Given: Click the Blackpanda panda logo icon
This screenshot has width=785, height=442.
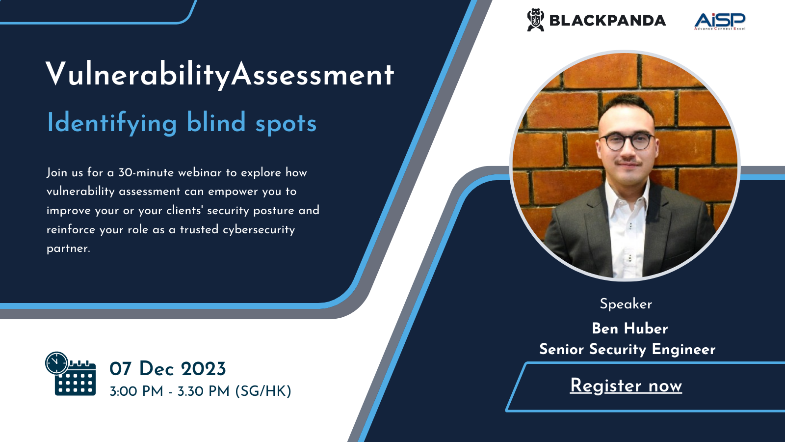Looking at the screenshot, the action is (535, 20).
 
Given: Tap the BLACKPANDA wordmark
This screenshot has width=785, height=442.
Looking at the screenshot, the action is (607, 21).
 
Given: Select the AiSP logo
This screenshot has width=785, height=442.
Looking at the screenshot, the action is (720, 22).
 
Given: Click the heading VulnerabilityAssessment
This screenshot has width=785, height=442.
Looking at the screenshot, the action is (220, 75).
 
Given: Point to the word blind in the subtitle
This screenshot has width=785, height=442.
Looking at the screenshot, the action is (216, 122).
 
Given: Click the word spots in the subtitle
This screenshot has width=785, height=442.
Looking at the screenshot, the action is (286, 124).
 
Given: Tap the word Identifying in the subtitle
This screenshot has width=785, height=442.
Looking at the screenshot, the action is (112, 123).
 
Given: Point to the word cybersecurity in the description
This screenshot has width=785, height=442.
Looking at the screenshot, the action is (259, 230).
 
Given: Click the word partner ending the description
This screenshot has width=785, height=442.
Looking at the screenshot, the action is (68, 249).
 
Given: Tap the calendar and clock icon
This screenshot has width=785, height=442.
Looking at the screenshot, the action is (71, 374).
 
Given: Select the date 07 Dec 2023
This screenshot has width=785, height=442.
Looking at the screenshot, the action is (167, 369).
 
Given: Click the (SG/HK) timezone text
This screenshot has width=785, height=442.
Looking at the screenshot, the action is (263, 391).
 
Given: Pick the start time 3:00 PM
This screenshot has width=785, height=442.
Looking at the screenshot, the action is (136, 391).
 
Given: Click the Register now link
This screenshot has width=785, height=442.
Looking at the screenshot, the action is (626, 386).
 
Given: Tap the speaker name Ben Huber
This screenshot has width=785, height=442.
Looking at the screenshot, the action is (630, 329).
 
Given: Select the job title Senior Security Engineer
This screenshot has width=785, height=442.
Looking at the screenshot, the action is (628, 349).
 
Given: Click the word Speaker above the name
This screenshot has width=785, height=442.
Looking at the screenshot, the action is (626, 304).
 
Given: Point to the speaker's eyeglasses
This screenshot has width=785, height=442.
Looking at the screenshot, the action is (628, 141).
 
